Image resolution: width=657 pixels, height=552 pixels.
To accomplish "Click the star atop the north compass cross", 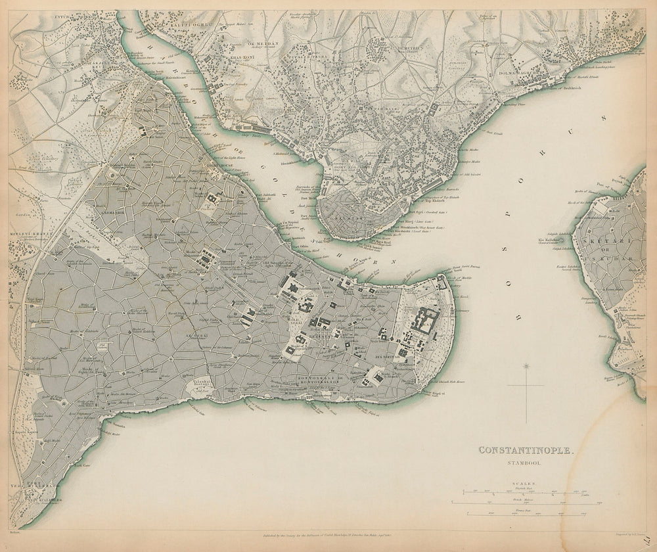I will click(525, 366).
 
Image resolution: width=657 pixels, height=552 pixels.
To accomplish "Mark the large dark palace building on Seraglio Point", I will click(424, 321).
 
